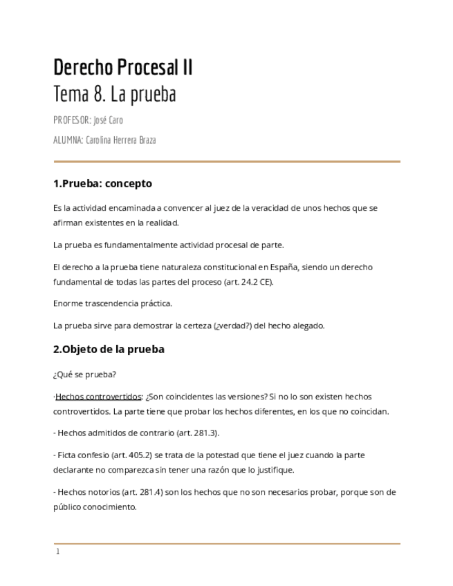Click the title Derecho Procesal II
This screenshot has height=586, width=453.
pyautogui.click(x=123, y=68)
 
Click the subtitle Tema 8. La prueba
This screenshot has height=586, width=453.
pyautogui.click(x=114, y=94)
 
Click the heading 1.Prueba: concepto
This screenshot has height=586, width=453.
pyautogui.click(x=102, y=184)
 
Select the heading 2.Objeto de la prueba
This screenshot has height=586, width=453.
pyautogui.click(x=109, y=349)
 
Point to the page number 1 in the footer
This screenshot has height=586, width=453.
pyautogui.click(x=58, y=551)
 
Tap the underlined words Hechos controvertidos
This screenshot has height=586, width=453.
pyautogui.click(x=98, y=397)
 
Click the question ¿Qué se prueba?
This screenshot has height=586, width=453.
pyautogui.click(x=84, y=375)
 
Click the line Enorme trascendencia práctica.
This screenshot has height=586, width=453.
pyautogui.click(x=112, y=303)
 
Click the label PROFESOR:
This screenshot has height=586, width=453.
pyautogui.click(x=71, y=120)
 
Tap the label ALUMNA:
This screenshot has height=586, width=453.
pyautogui.click(x=68, y=140)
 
